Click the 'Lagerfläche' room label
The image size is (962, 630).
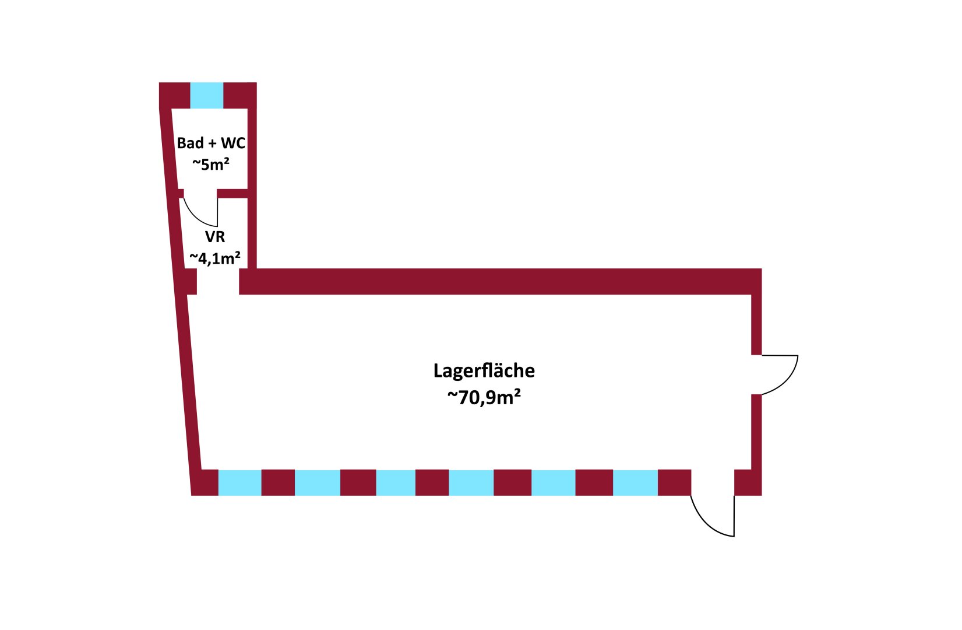(x=484, y=370)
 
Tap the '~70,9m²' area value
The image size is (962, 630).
(x=484, y=397)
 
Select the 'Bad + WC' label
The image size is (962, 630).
(x=211, y=143)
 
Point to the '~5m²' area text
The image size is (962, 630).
(x=210, y=164)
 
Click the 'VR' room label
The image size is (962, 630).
(x=215, y=236)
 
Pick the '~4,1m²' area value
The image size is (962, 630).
(x=215, y=258)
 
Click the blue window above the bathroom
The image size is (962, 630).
(x=207, y=96)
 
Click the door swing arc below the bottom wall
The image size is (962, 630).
(x=704, y=524)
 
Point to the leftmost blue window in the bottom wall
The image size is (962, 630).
(x=240, y=482)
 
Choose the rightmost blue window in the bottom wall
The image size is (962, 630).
(x=635, y=482)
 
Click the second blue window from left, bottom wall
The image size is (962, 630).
(x=318, y=482)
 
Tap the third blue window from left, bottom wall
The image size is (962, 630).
(x=396, y=482)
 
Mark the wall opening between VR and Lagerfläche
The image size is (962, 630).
(x=218, y=282)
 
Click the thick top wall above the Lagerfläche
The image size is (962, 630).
(x=501, y=282)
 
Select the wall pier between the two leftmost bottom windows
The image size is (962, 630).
(x=278, y=482)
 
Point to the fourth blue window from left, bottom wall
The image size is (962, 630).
(x=471, y=482)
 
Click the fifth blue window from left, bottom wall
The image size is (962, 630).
(x=553, y=482)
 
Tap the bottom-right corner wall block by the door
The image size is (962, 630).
(x=748, y=482)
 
